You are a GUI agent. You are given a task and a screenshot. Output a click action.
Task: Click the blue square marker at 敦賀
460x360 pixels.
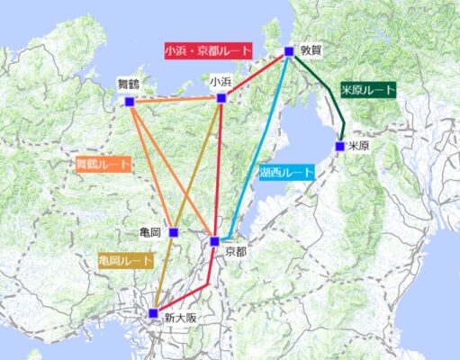pos(289,51)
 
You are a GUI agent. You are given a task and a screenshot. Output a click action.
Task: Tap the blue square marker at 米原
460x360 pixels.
pos(340,146)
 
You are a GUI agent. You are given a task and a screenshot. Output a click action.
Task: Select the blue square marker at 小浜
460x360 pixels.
pos(221,97)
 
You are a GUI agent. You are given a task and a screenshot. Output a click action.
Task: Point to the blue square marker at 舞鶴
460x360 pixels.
pos(130,102)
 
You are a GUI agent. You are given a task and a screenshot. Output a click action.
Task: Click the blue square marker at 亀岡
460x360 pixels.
pos(174,232)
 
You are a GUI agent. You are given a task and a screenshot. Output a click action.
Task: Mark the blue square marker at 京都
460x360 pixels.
pos(214,241)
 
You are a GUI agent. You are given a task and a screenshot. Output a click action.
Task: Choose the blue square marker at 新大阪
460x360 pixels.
pos(153,313)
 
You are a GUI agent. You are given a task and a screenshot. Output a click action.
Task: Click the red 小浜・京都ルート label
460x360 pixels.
pos(209,50)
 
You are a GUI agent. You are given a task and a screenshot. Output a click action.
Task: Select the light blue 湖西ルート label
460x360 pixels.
pos(286,172)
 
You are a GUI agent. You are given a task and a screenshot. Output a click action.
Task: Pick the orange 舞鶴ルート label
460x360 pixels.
pos(103,165)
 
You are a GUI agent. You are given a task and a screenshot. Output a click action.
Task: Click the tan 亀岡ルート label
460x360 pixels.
pos(125,260)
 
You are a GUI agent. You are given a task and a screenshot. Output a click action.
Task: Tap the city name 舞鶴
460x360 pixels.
pos(130,85)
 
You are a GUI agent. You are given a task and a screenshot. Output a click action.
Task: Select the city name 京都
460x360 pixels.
pos(235,251)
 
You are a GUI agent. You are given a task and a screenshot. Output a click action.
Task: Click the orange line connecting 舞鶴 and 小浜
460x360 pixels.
pos(176,100)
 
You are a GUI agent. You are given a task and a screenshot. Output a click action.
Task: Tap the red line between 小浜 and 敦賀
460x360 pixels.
pos(256,75)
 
